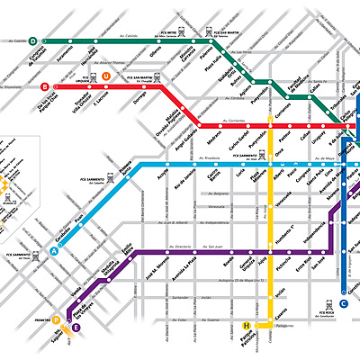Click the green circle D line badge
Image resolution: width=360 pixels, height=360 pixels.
click(x=32, y=40)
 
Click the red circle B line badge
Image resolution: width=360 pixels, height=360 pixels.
click(x=45, y=87)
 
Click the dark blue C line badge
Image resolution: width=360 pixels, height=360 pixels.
click(x=356, y=303)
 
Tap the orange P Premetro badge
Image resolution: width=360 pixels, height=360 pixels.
click(x=56, y=319)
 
